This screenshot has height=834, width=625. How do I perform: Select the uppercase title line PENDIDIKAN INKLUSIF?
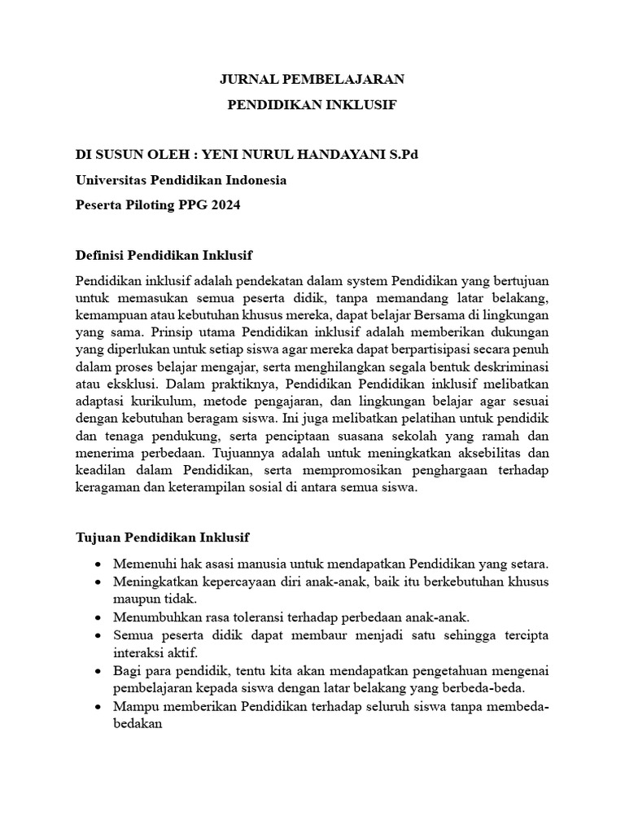[x=312, y=105]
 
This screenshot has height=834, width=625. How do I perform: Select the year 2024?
[x=225, y=205]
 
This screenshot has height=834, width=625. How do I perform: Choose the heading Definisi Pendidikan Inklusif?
[x=164, y=255]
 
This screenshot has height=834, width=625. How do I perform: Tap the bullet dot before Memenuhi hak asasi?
[x=98, y=564]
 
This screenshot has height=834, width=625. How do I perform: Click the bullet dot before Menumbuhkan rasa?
[x=98, y=616]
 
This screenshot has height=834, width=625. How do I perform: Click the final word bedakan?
[x=138, y=721]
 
